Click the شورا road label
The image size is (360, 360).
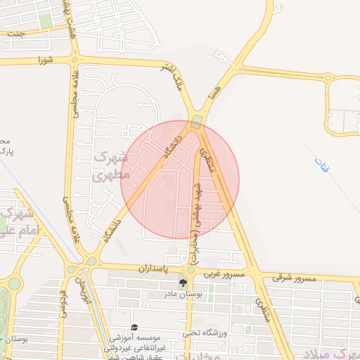pos(46,60)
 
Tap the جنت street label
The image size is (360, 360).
pos(15,33)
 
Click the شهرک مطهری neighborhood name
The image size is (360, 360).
pos(112,166)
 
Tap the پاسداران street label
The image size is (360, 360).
pos(131,268)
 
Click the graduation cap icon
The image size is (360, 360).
pos(135,328)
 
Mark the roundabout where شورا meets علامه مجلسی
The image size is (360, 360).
pos(75,60)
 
